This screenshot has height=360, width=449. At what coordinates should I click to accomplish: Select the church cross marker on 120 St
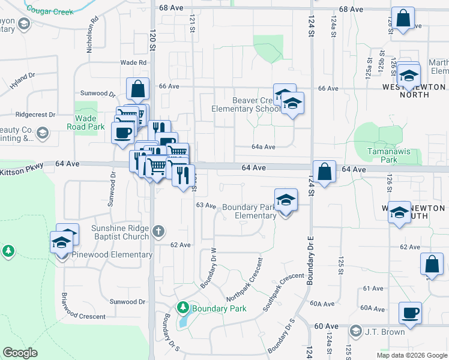click(158, 231)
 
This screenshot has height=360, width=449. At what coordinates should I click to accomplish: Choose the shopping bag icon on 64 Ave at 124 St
click(324, 172)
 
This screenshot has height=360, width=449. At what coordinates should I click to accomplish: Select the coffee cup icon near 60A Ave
click(410, 313)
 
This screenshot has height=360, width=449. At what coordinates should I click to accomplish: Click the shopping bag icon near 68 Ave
click(403, 19)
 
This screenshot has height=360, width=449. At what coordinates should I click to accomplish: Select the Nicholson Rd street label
click(92, 35)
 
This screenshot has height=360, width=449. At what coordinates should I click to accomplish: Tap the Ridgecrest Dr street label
click(35, 114)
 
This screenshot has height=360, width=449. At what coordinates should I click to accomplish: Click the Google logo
click(20, 353)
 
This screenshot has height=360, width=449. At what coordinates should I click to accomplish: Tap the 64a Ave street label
click(264, 147)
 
